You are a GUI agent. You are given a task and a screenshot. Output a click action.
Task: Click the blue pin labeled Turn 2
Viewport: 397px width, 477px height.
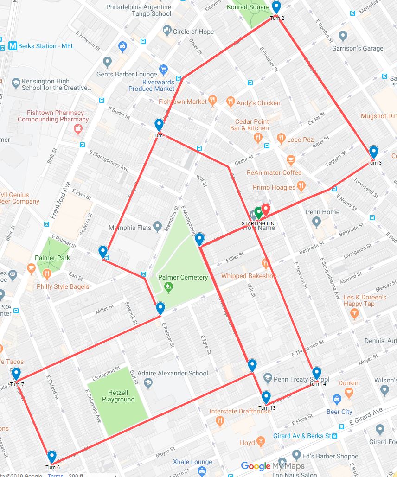(276, 7)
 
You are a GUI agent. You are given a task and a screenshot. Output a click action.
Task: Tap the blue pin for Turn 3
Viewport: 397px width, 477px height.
(374, 152)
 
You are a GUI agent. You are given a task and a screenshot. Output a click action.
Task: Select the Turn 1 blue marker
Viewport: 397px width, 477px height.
(159, 125)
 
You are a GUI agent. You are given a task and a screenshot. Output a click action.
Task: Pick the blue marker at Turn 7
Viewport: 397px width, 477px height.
(16, 374)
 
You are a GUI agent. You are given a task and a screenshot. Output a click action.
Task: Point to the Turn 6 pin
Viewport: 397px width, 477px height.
(52, 457)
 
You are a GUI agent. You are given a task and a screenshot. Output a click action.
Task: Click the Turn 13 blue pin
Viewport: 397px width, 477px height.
(266, 398)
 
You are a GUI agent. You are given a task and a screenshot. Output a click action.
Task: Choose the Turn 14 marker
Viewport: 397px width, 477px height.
(317, 373)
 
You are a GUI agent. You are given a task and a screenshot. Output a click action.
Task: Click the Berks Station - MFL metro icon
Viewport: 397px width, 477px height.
(13, 46)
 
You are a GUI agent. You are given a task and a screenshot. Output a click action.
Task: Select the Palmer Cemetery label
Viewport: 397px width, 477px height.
(183, 277)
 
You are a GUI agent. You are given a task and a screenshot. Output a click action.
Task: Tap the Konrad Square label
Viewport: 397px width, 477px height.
(248, 7)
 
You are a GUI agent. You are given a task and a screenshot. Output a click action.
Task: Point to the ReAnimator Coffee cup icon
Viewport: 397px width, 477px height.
(291, 160)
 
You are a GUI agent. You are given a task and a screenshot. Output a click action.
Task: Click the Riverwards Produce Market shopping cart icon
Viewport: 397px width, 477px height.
(163, 70)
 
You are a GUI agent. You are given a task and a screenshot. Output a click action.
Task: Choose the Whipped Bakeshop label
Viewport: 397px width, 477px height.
(249, 276)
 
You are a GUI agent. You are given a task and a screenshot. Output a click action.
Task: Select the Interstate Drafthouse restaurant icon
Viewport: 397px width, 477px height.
(220, 421)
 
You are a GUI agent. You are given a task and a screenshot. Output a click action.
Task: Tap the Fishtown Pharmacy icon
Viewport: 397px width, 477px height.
(78, 128)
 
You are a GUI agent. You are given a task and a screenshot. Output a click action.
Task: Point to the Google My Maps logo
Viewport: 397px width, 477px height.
(273, 466)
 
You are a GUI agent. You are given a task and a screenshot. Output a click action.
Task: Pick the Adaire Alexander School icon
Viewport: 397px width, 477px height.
(148, 383)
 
